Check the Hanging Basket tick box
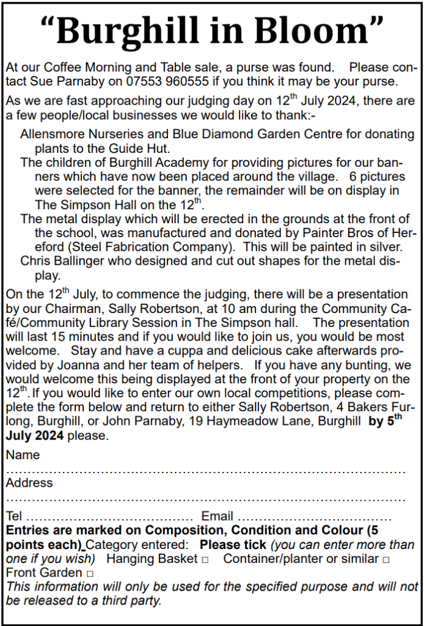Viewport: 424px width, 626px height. pyautogui.click(x=205, y=559)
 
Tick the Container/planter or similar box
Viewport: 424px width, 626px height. pyautogui.click(x=386, y=559)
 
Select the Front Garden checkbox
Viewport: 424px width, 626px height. pyautogui.click(x=90, y=573)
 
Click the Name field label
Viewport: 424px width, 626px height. pyautogui.click(x=23, y=455)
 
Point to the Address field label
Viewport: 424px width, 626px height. pyautogui.click(x=29, y=483)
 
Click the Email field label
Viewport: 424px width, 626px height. pyautogui.click(x=217, y=516)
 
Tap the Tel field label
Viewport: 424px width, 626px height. pyautogui.click(x=14, y=516)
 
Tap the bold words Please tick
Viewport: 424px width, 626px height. pyautogui.click(x=233, y=545)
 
